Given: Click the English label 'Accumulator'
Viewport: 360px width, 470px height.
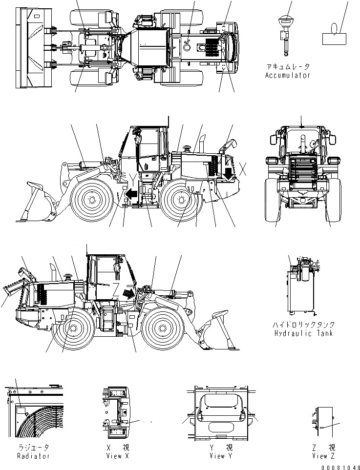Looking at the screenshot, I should (x=287, y=76).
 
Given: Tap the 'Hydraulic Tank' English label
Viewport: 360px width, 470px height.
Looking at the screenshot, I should (x=303, y=333).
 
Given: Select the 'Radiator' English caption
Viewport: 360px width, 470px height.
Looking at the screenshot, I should (x=32, y=456).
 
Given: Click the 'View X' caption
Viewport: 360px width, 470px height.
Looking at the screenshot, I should (x=117, y=456).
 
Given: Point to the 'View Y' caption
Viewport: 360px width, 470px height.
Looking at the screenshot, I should (x=217, y=456).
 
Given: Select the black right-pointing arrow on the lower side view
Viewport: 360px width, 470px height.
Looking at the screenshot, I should (x=128, y=294).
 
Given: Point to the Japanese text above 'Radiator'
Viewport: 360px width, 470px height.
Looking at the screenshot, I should (x=32, y=448).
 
